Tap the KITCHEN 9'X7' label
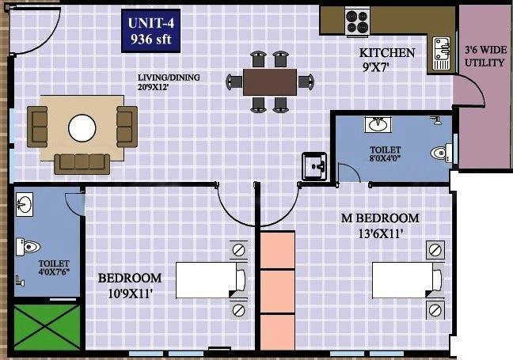388,59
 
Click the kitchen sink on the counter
441,51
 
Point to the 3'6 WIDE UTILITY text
484,56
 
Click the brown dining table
270,80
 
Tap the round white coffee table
82,127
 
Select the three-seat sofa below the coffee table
82,162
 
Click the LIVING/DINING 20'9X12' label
169,82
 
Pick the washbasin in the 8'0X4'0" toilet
378,125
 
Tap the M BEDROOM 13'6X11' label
380,225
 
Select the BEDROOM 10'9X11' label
130,285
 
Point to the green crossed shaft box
47,327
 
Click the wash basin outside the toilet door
314,167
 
